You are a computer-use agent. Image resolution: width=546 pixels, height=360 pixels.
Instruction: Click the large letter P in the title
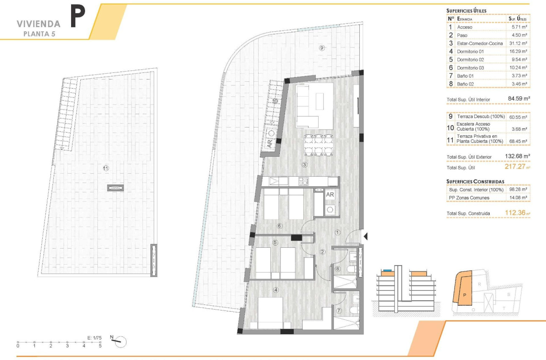click(x=77, y=17)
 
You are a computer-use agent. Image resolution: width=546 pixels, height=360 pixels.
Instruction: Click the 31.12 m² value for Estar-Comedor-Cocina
click(x=518, y=44)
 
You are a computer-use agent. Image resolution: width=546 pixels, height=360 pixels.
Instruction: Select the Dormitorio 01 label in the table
click(x=471, y=52)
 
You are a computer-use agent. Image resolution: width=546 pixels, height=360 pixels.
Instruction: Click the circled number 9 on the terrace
click(x=321, y=48)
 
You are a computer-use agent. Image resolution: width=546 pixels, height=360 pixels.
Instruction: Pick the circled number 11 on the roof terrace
click(x=106, y=168)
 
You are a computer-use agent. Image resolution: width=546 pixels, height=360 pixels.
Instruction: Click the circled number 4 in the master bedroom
click(x=276, y=290)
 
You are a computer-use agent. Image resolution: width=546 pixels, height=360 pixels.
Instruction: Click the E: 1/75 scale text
click(x=94, y=338)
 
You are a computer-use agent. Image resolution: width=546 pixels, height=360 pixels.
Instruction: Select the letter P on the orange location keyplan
click(x=464, y=295)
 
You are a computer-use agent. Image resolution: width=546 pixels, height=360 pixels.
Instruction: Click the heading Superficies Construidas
click(x=475, y=181)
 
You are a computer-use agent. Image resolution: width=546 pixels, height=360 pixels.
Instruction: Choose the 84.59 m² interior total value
click(x=519, y=99)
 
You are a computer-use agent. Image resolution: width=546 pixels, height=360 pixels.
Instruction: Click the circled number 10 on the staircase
click(x=275, y=101)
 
